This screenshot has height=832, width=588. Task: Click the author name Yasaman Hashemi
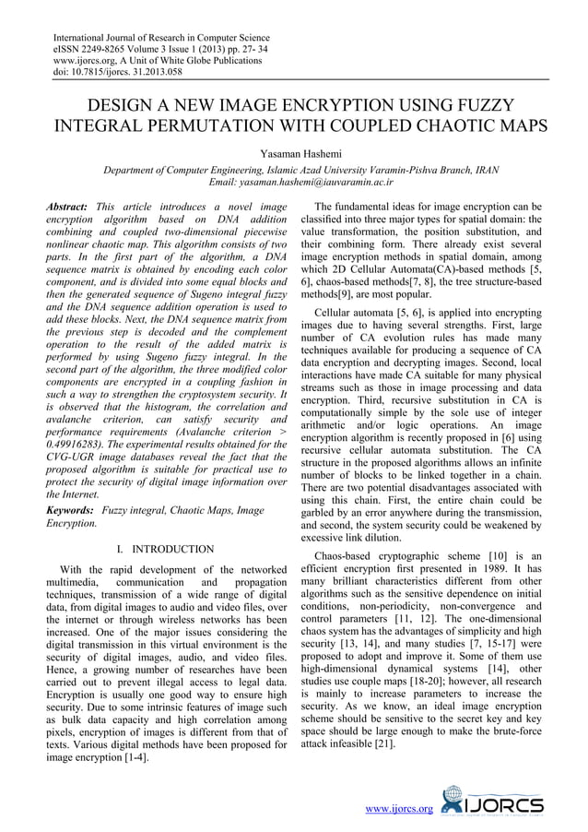294,152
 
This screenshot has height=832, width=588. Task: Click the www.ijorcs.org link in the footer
399,809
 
